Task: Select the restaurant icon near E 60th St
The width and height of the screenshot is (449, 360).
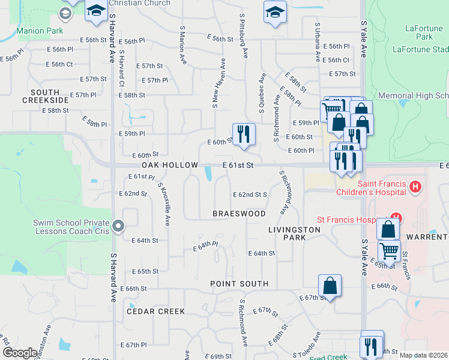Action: tap(244, 134)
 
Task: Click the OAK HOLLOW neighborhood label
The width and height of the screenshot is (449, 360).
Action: tap(170, 165)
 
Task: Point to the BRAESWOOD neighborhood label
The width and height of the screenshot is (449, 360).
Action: tap(239, 214)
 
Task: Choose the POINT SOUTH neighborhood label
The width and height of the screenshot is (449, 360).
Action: tap(239, 283)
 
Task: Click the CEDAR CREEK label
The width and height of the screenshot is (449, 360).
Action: tap(155, 311)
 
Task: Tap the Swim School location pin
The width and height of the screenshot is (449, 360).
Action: tap(119, 226)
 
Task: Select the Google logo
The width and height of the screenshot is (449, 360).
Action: tap(20, 353)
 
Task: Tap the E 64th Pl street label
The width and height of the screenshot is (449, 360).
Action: tap(205, 246)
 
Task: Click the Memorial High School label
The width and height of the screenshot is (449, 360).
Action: tap(414, 95)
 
